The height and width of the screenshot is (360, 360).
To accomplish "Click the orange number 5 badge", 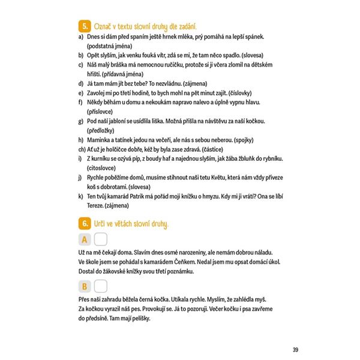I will [x=85, y=26].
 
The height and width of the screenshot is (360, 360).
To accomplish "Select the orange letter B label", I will [x=85, y=286].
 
